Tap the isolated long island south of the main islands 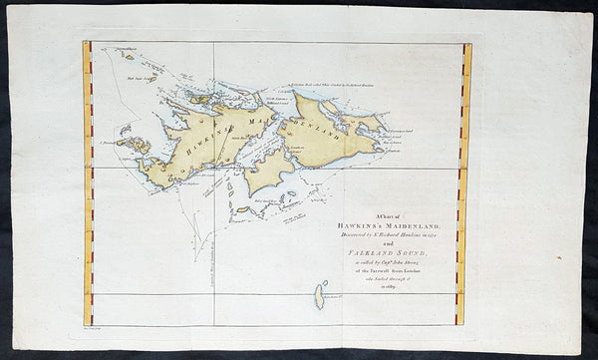(x=320, y=295)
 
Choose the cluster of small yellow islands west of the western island (x=132, y=144)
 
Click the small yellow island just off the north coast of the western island (x=200, y=98)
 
